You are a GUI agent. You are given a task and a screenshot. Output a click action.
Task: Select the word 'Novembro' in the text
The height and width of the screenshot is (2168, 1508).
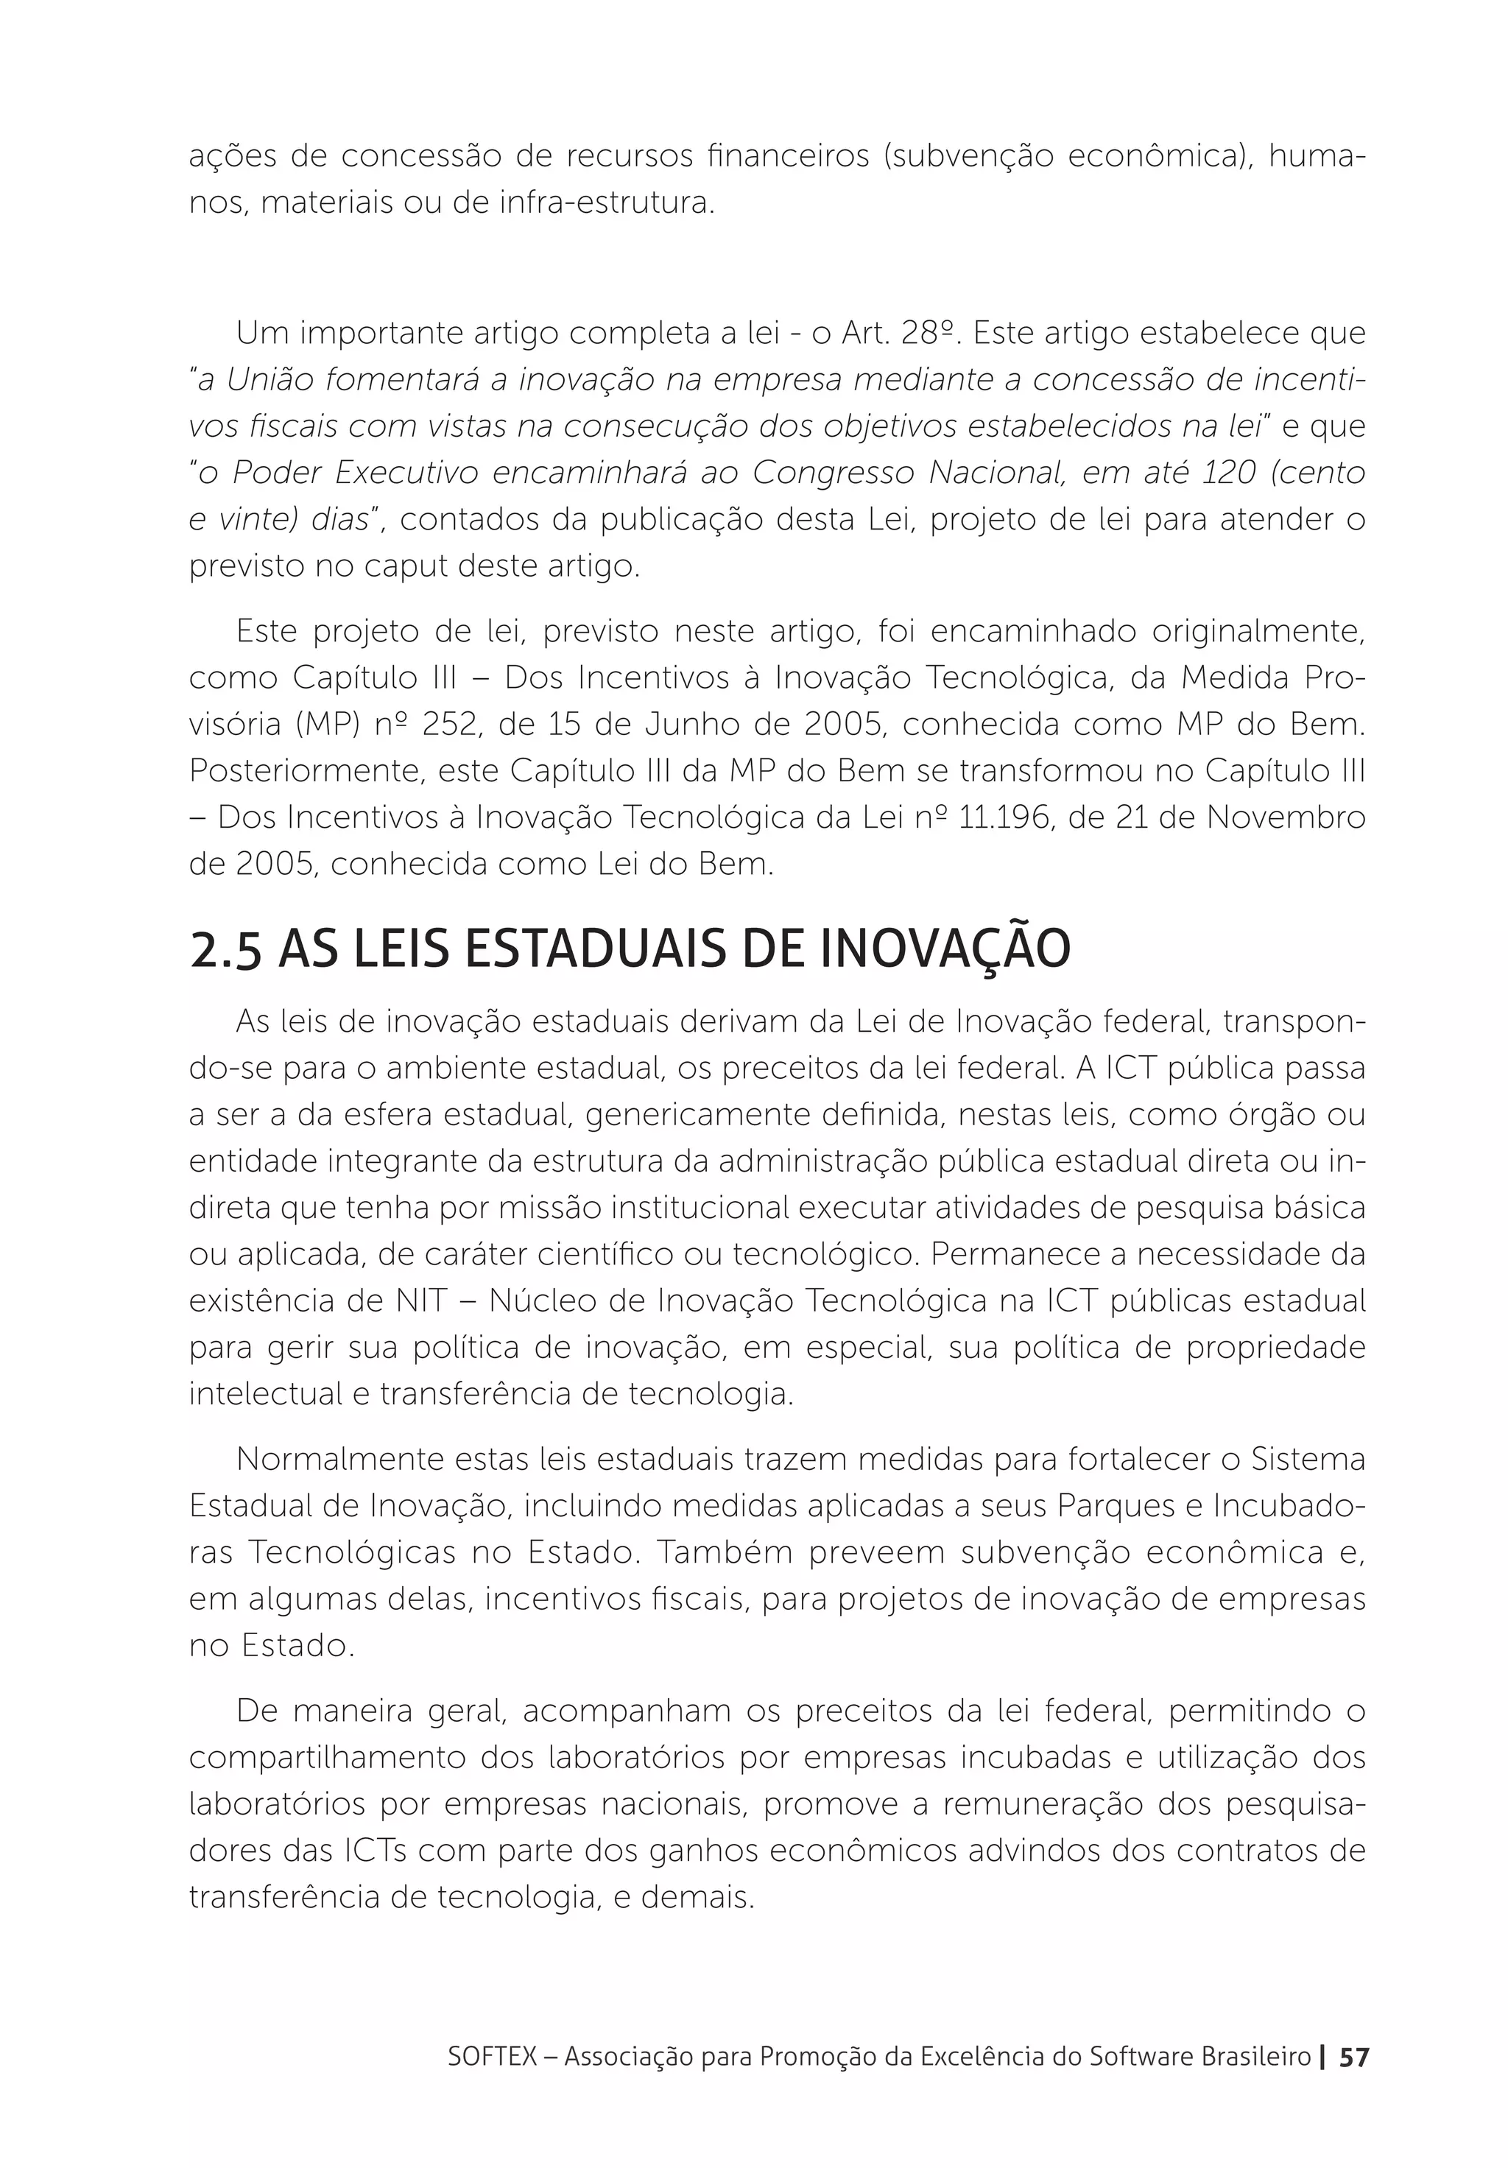[x=1300, y=817]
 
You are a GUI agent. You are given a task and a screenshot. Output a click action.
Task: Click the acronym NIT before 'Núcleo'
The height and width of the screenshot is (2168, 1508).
[x=435, y=1302]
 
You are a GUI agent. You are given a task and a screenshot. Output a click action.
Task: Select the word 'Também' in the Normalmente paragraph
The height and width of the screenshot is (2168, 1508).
[x=723, y=1552]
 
